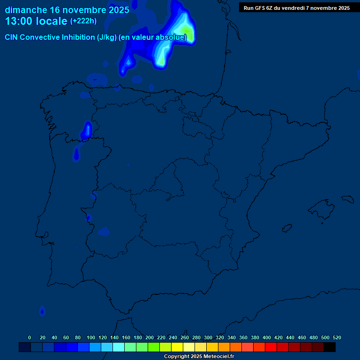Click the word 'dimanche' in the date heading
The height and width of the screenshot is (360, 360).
click(26, 10)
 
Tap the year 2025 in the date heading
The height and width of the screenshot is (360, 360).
click(119, 10)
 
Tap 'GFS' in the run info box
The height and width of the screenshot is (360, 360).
click(260, 8)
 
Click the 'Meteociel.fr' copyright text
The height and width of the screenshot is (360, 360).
click(216, 357)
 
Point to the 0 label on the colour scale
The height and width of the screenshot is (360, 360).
click(30, 337)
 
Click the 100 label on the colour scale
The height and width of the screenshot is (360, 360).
click(90, 337)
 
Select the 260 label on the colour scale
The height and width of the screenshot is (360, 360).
click(185, 337)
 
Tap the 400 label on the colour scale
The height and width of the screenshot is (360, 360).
click(267, 337)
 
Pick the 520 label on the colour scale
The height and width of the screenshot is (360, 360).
click(337, 337)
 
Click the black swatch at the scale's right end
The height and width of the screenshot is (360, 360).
click(330, 347)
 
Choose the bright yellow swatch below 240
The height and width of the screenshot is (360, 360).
click(177, 347)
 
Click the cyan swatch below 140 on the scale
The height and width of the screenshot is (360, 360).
click(119, 347)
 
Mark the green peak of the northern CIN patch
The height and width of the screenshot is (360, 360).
click(187, 33)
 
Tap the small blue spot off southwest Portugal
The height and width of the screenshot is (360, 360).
click(43, 310)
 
